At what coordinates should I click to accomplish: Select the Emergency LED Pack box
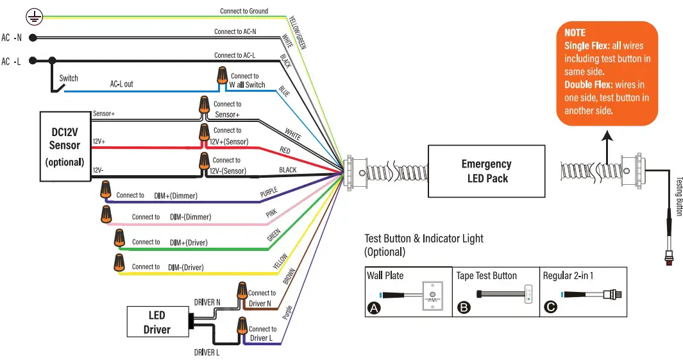tap(486, 171)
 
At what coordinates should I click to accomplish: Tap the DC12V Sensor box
tap(65, 146)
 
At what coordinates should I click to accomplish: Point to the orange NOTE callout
tap(607, 74)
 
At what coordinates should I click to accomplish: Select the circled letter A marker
tap(373, 308)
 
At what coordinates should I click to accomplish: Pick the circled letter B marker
tap(463, 308)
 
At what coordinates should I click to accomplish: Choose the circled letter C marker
tap(550, 308)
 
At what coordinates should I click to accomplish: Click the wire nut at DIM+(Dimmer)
tap(106, 191)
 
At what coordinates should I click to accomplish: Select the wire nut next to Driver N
tap(242, 291)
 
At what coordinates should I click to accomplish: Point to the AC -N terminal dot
tap(32, 38)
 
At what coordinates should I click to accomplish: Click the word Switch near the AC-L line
tap(69, 78)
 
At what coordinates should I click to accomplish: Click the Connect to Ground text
tap(244, 11)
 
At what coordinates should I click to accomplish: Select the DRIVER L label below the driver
tap(207, 352)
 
